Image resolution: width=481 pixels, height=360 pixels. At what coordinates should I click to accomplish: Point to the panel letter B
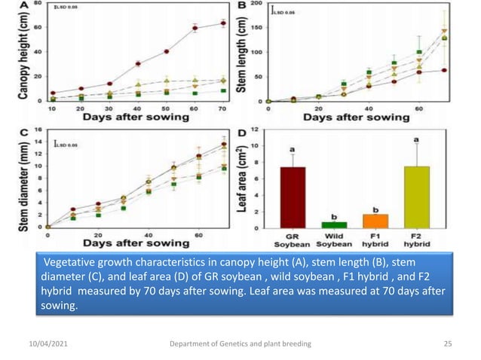pos(244,6)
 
